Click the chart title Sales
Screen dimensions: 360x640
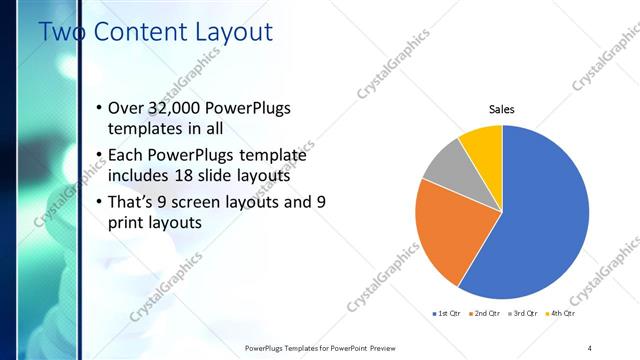pyautogui.click(x=501, y=109)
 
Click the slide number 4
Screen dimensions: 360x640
pyautogui.click(x=590, y=347)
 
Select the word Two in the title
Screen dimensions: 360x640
pyautogui.click(x=62, y=32)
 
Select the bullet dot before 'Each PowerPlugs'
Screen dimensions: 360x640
pyautogui.click(x=98, y=156)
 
